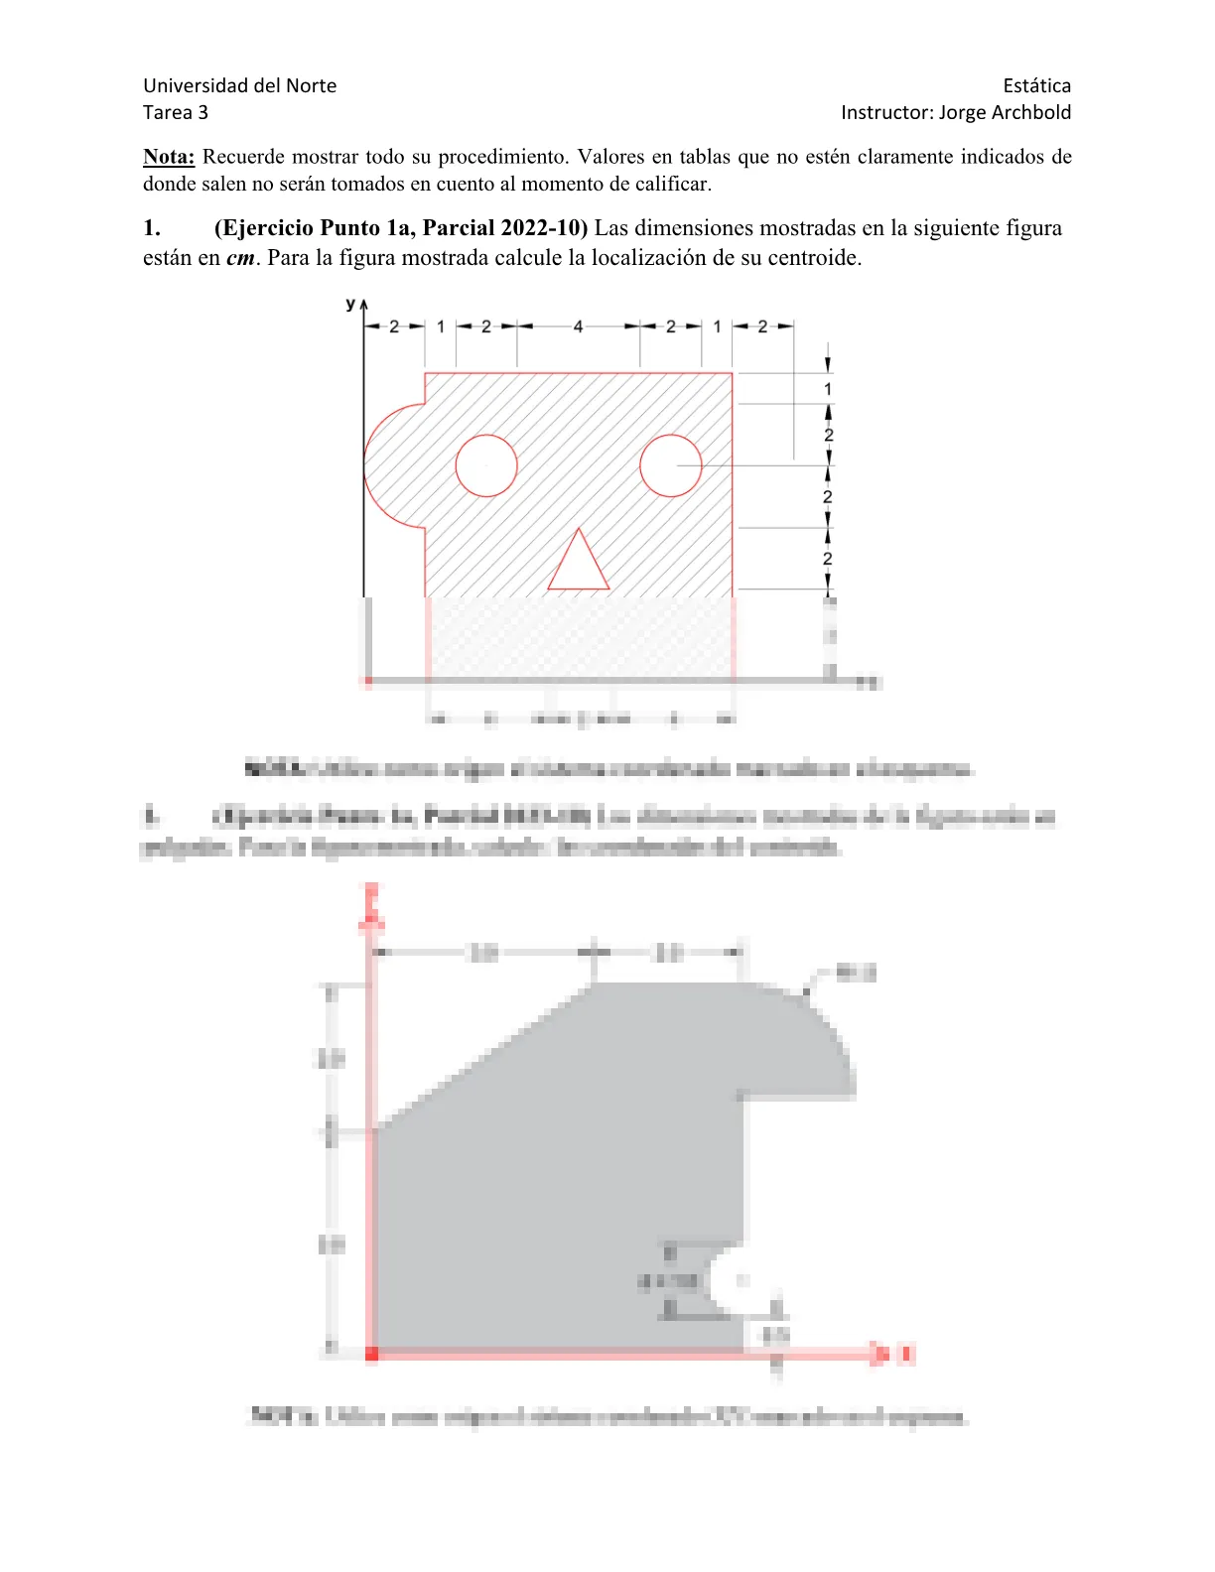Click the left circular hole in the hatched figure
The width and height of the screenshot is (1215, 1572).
[x=486, y=465]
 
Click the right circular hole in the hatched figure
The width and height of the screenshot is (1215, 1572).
[x=671, y=465]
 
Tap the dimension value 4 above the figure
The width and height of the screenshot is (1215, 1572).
[x=579, y=327]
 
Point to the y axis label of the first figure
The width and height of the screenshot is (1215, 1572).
[x=350, y=304]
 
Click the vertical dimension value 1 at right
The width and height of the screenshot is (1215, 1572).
[x=828, y=389]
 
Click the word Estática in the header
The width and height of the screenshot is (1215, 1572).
[x=1036, y=85]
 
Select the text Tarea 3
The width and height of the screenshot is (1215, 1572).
[x=176, y=112]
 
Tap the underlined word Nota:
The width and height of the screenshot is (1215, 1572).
[x=169, y=157]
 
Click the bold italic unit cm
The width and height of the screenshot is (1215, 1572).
[x=240, y=259]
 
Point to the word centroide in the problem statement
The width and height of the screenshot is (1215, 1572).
[x=813, y=259]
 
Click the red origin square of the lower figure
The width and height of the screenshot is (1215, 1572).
[x=372, y=1354]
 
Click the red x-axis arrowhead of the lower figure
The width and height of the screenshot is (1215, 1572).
[x=878, y=1354]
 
